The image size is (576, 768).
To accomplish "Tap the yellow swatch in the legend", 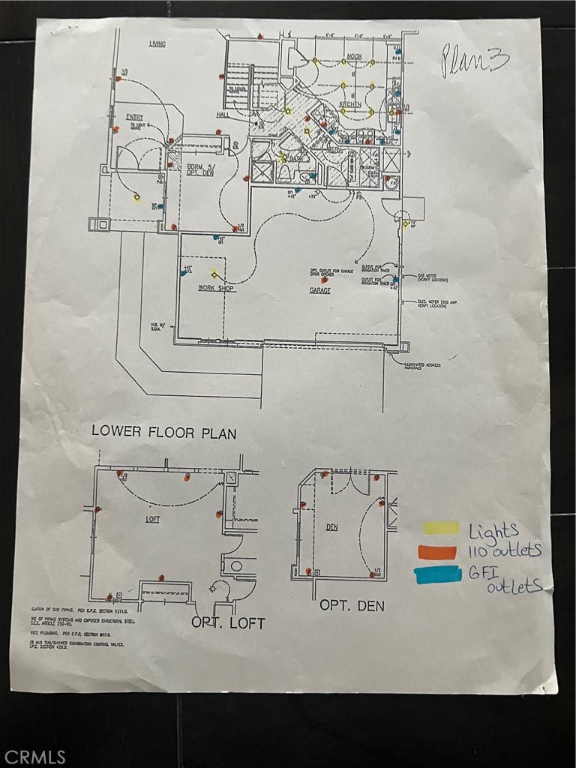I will point(440,528).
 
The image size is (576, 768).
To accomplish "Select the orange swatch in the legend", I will point(439,553).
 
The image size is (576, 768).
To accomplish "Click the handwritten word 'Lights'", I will point(493,531).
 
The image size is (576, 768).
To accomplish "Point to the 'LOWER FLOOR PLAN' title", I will point(163,432).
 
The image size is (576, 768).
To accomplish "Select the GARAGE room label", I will point(320,289).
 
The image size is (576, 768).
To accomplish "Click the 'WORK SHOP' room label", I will point(215,287).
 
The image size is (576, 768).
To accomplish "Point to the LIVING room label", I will point(157,45).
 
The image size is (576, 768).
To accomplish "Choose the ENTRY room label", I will point(135,116).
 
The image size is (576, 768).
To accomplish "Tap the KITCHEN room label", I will point(349,104).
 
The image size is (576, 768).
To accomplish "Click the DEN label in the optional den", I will point(331,527).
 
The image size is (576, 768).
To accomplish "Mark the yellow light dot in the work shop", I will point(214,274).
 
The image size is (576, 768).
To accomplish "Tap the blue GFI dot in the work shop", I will point(184,273).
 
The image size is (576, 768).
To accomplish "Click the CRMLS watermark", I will point(34,757).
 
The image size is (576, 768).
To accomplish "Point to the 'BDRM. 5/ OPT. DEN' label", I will point(201,169).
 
